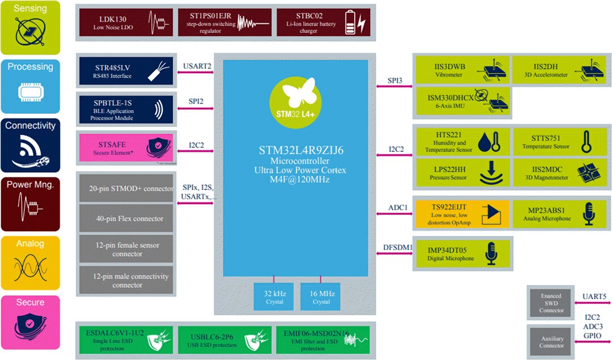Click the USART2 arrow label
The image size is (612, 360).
pyautogui.click(x=197, y=67)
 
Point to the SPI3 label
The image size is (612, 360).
pyautogui.click(x=395, y=81)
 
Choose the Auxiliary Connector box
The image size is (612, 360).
pyautogui.click(x=551, y=341)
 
